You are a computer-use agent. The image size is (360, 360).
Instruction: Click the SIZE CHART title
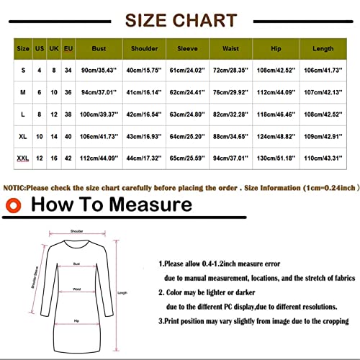point(179,20)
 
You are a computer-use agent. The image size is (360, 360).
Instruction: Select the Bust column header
point(99,49)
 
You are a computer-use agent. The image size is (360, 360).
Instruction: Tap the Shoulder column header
point(144,49)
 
